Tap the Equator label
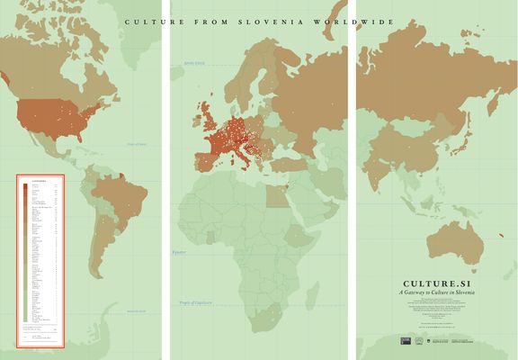point(182,253)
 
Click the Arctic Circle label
point(194,63)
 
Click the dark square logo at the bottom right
point(405,341)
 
